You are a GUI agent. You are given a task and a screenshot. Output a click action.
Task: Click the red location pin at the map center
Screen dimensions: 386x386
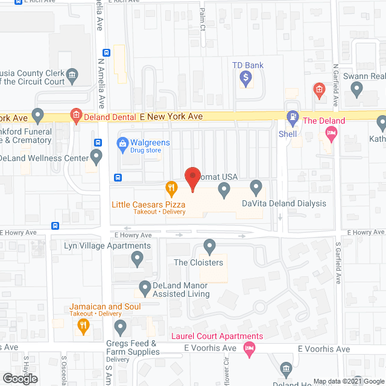click(192, 179)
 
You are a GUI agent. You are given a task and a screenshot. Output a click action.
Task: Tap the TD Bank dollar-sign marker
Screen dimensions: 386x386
click(245, 77)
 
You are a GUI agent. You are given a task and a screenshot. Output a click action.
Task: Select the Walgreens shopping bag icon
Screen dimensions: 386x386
click(121, 144)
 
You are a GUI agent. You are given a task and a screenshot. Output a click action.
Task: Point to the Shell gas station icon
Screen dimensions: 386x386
click(292, 116)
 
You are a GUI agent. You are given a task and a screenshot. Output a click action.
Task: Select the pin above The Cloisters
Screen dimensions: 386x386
click(210, 246)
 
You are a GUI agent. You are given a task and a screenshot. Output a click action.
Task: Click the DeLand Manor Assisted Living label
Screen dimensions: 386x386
click(172, 289)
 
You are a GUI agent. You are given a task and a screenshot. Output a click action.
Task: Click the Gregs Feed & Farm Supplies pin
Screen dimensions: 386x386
click(120, 328)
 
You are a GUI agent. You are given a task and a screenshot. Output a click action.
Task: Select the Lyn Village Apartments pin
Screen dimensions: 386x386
click(137, 260)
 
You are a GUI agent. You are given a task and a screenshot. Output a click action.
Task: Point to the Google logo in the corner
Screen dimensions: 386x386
click(19, 378)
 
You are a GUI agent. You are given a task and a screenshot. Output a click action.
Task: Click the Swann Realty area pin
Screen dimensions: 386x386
click(356, 90)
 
